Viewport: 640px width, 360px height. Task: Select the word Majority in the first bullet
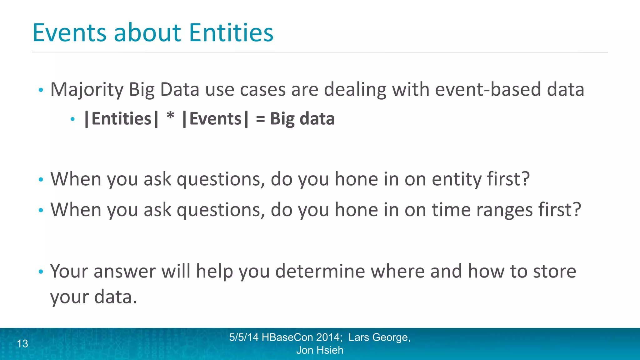tap(87, 90)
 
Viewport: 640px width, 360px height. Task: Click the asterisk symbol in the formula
tap(170, 117)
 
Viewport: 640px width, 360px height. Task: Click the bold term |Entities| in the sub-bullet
tap(121, 119)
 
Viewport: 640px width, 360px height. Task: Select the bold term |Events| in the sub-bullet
tap(215, 119)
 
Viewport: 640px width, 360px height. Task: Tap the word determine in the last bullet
tap(320, 271)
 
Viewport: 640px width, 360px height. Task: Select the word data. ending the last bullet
tap(116, 297)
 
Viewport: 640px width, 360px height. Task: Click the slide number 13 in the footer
tap(22, 344)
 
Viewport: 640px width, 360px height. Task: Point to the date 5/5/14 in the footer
tap(244, 337)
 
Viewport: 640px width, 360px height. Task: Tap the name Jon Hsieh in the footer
tap(320, 350)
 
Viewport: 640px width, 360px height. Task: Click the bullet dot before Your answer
tap(41, 272)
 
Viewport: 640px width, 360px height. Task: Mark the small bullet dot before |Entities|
tap(73, 119)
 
